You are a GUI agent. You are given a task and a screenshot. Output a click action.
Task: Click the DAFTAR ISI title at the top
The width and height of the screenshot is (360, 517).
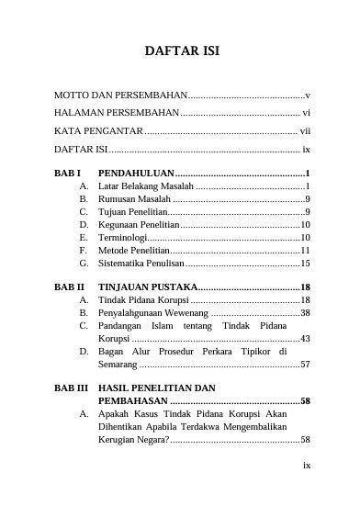(181, 50)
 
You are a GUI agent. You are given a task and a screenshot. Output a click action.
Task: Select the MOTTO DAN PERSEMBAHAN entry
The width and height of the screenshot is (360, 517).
(120, 96)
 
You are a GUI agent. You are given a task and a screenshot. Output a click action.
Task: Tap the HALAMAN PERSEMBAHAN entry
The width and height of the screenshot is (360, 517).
(116, 113)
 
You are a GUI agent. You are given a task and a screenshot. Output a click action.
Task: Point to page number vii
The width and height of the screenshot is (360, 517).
(306, 130)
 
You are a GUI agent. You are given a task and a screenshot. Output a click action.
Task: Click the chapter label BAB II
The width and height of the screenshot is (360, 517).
(69, 287)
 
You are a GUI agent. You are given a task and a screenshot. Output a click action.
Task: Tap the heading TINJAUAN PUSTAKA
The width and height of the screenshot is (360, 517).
(147, 287)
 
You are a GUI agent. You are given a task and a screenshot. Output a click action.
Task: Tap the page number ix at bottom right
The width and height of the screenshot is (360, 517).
(307, 465)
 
